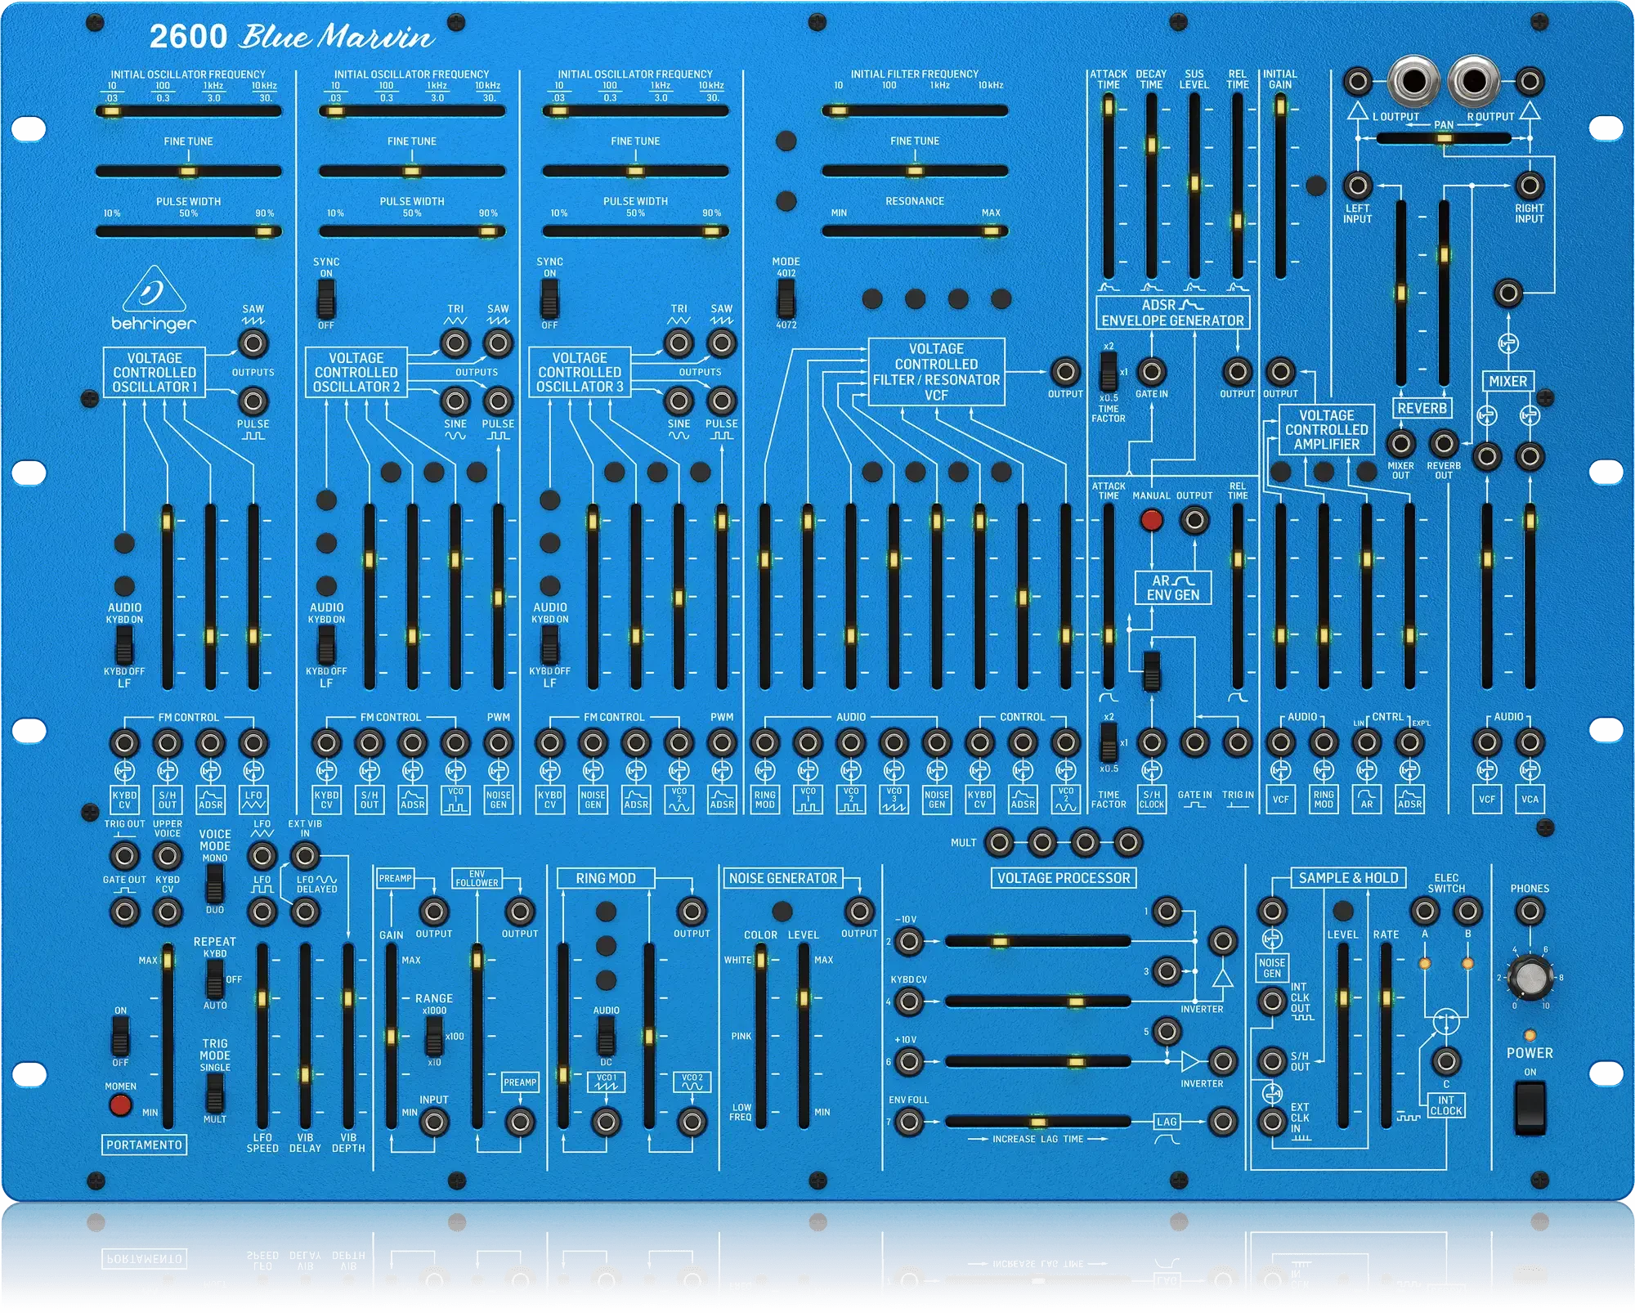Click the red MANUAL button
(x=1151, y=519)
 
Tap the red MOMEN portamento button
(x=120, y=1105)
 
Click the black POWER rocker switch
(x=1530, y=1107)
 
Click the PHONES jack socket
(x=1530, y=911)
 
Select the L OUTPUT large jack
(x=1413, y=82)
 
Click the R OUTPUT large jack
(x=1473, y=82)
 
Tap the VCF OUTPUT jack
(x=1065, y=372)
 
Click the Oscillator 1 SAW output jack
(x=253, y=343)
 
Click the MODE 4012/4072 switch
(x=786, y=298)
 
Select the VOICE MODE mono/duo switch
(x=214, y=883)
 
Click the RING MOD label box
(x=605, y=878)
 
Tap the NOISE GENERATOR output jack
(x=859, y=911)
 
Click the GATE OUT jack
(x=124, y=911)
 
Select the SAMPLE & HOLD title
(x=1348, y=878)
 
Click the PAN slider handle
(x=1444, y=139)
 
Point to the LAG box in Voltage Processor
(x=1167, y=1122)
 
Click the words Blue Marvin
(x=336, y=37)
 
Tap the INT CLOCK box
(x=1446, y=1105)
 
